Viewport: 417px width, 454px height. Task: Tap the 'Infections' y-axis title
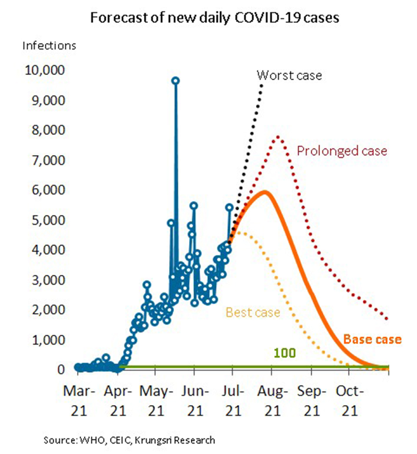coord(49,45)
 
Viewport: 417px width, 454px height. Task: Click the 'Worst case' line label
coord(289,75)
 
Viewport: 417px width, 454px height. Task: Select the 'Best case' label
coord(253,312)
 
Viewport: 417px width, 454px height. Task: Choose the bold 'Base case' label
coord(372,339)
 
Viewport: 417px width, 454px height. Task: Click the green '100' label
coord(284,352)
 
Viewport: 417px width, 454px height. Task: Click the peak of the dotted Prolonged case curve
coord(278,137)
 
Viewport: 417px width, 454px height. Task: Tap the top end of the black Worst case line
coord(262,84)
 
